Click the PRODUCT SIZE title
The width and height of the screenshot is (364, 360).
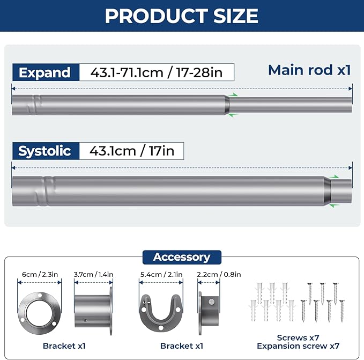[x=181, y=16]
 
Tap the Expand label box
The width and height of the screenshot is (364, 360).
[x=45, y=72]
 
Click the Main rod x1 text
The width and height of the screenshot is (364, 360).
[x=309, y=70]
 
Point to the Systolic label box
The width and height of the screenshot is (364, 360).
[x=45, y=151]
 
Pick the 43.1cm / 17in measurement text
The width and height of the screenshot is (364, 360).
[x=132, y=151]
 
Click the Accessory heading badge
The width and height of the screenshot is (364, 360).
[x=182, y=257]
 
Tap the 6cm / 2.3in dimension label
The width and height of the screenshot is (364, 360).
[x=40, y=275]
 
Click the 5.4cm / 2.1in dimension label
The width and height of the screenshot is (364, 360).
[x=161, y=275]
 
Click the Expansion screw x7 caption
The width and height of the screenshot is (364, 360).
[x=299, y=346]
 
